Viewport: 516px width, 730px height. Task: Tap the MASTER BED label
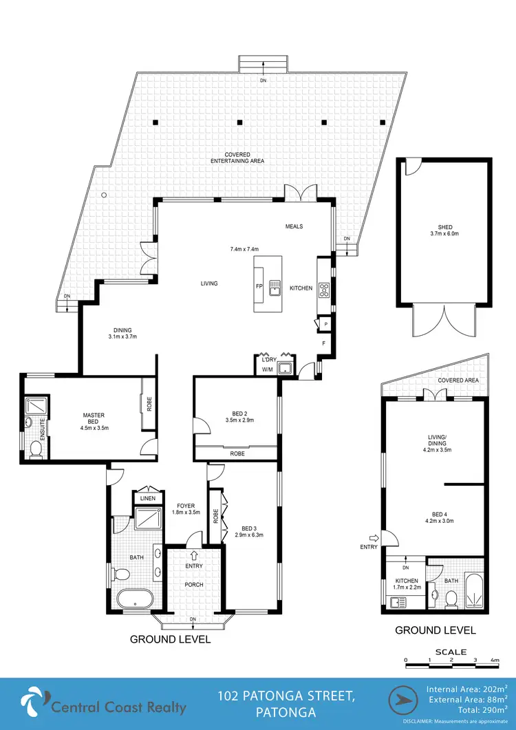tap(94, 415)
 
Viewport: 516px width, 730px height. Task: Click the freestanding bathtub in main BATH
tap(134, 599)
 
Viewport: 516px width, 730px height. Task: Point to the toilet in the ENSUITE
tap(35, 449)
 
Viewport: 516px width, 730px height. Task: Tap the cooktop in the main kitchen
tap(324, 290)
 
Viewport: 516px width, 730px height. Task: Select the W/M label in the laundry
tap(267, 370)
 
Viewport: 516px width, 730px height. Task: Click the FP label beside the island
tap(259, 287)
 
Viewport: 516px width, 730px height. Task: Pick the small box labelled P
tap(323, 324)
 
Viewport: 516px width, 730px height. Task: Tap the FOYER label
tap(185, 506)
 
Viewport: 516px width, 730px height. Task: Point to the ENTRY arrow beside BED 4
tap(374, 538)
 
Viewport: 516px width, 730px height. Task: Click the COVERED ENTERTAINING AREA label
tap(237, 158)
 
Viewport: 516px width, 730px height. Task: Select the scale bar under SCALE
tap(451, 660)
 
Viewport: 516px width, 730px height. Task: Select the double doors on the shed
tap(443, 322)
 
